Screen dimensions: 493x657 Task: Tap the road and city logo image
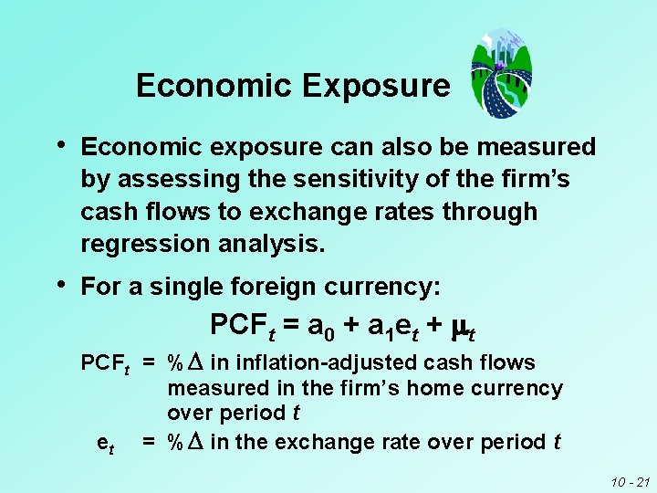pos(500,73)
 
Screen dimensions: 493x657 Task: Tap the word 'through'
pos(490,212)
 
